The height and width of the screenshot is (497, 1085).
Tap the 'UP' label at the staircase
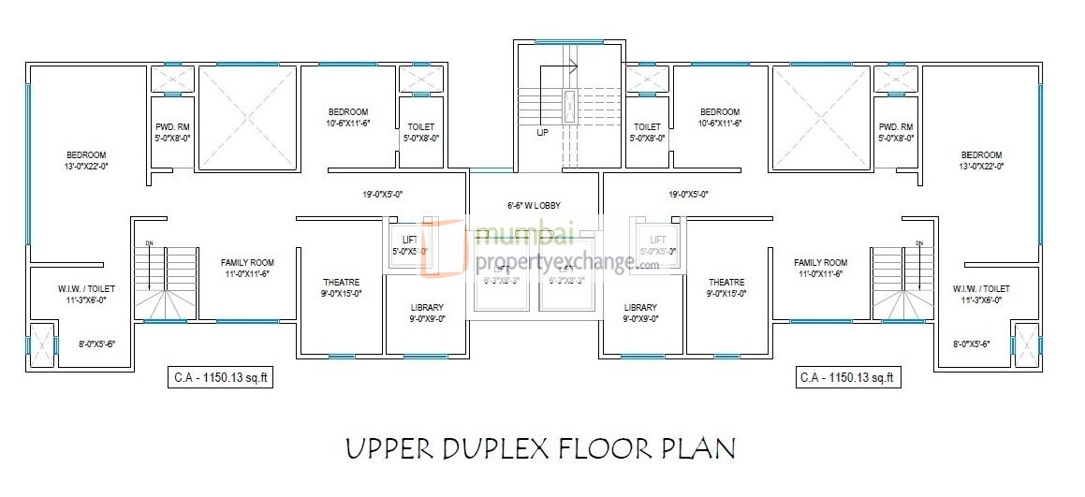click(542, 133)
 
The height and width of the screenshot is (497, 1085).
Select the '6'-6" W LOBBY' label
click(535, 205)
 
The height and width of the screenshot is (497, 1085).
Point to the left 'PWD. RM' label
click(172, 127)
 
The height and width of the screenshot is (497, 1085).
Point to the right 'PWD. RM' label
click(896, 127)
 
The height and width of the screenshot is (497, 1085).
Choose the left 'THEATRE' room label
click(341, 282)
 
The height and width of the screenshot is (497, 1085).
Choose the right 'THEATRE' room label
click(726, 282)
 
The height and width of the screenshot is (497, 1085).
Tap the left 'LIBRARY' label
click(427, 307)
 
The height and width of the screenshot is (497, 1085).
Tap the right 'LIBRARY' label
click(640, 307)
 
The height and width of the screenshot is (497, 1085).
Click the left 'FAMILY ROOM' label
click(247, 263)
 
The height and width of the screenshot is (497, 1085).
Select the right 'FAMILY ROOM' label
click(820, 263)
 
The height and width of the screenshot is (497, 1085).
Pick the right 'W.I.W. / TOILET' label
click(981, 289)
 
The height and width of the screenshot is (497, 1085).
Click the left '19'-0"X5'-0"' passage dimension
click(383, 195)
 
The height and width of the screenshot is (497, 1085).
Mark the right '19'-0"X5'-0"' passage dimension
click(688, 195)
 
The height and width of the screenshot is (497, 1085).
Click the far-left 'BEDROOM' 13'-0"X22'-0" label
click(86, 155)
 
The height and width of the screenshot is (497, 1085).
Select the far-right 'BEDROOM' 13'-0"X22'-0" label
click(981, 155)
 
